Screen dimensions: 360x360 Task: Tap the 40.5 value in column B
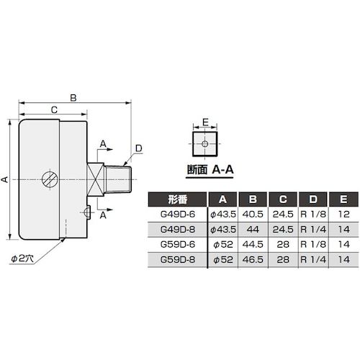tap(251, 215)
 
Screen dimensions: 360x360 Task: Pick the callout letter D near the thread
tap(138, 148)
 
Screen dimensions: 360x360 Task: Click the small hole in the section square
tap(206, 143)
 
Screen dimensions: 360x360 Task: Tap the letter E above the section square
tap(206, 122)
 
